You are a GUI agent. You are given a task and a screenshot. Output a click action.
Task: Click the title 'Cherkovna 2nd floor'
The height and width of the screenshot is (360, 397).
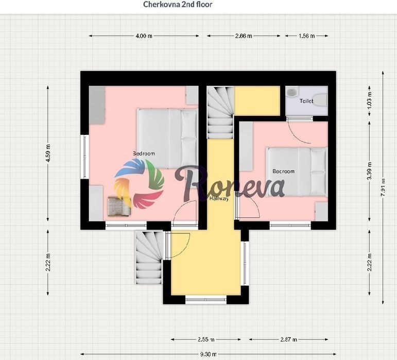(x=178, y=4)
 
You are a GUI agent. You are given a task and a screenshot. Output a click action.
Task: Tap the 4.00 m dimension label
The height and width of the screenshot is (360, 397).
(x=144, y=36)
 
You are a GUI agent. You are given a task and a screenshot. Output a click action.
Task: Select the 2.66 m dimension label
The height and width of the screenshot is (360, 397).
(x=244, y=36)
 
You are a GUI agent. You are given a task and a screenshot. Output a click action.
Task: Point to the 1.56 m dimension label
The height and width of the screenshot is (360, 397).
(x=306, y=36)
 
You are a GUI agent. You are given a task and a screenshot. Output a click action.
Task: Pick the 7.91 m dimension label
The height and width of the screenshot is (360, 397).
(x=383, y=187)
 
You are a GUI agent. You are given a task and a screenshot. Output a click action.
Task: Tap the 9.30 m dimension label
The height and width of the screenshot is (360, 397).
(x=209, y=354)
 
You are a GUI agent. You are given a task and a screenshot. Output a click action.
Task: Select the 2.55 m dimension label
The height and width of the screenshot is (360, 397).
(x=206, y=339)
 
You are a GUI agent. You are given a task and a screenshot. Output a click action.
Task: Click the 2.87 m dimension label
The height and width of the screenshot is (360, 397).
(x=288, y=339)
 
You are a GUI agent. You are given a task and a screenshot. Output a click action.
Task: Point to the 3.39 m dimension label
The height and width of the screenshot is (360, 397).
(x=369, y=171)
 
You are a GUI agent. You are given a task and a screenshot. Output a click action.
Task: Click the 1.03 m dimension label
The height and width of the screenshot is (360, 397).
(x=369, y=100)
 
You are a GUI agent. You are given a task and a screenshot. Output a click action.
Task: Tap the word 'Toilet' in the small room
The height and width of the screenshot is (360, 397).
(x=306, y=101)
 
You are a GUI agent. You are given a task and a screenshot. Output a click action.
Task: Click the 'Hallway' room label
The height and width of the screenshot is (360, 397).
(x=219, y=198)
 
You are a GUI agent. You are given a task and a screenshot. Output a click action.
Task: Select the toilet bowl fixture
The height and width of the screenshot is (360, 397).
(x=321, y=100)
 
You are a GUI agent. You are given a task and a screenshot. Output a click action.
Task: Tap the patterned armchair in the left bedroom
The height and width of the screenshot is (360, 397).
(x=118, y=207)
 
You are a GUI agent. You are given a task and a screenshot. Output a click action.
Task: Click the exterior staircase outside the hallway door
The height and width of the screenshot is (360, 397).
(x=149, y=257)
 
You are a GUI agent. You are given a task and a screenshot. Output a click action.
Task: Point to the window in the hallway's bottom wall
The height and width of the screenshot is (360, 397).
(x=206, y=300)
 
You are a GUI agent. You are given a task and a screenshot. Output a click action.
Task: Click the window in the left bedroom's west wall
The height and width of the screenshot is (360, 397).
(x=85, y=157)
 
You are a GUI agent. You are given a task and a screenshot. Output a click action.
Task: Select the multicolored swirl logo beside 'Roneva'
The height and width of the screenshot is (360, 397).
(x=139, y=184)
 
